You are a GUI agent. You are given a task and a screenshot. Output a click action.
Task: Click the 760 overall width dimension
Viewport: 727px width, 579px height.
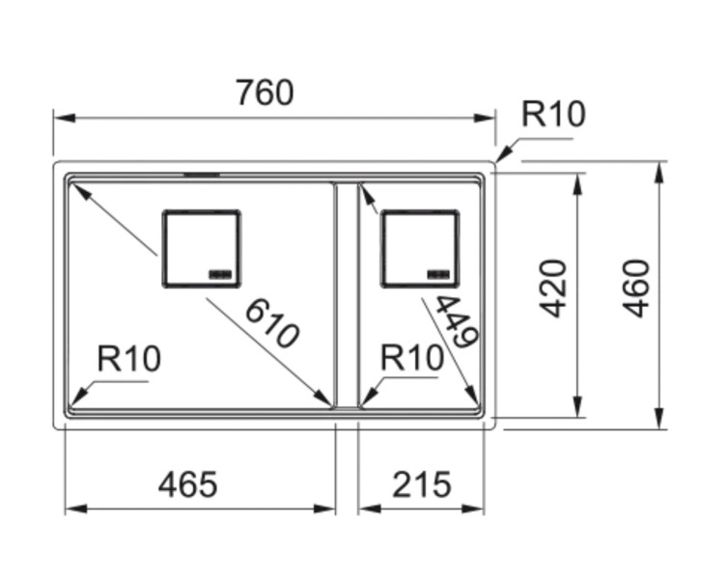click(264, 94)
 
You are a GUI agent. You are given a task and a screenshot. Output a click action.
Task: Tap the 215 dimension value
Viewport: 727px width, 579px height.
click(422, 483)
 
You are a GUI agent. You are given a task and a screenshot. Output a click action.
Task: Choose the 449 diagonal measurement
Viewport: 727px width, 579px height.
click(455, 321)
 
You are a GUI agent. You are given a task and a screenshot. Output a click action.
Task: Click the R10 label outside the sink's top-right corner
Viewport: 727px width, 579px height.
click(553, 115)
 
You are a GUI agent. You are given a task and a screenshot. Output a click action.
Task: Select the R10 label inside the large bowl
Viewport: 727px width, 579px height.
click(129, 360)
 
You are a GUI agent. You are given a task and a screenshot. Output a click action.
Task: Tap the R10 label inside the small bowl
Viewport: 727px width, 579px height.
click(412, 359)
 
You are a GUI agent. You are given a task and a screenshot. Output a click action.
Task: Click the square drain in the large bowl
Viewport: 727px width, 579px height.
click(201, 248)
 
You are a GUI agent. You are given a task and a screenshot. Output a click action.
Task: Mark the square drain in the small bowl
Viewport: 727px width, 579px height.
click(419, 248)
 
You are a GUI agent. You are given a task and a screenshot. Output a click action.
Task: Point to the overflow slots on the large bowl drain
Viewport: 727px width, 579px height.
click(222, 273)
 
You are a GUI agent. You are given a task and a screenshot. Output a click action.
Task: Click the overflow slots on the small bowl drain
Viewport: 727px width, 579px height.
click(440, 273)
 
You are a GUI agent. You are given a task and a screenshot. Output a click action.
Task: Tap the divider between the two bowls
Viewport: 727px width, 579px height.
click(346, 294)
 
